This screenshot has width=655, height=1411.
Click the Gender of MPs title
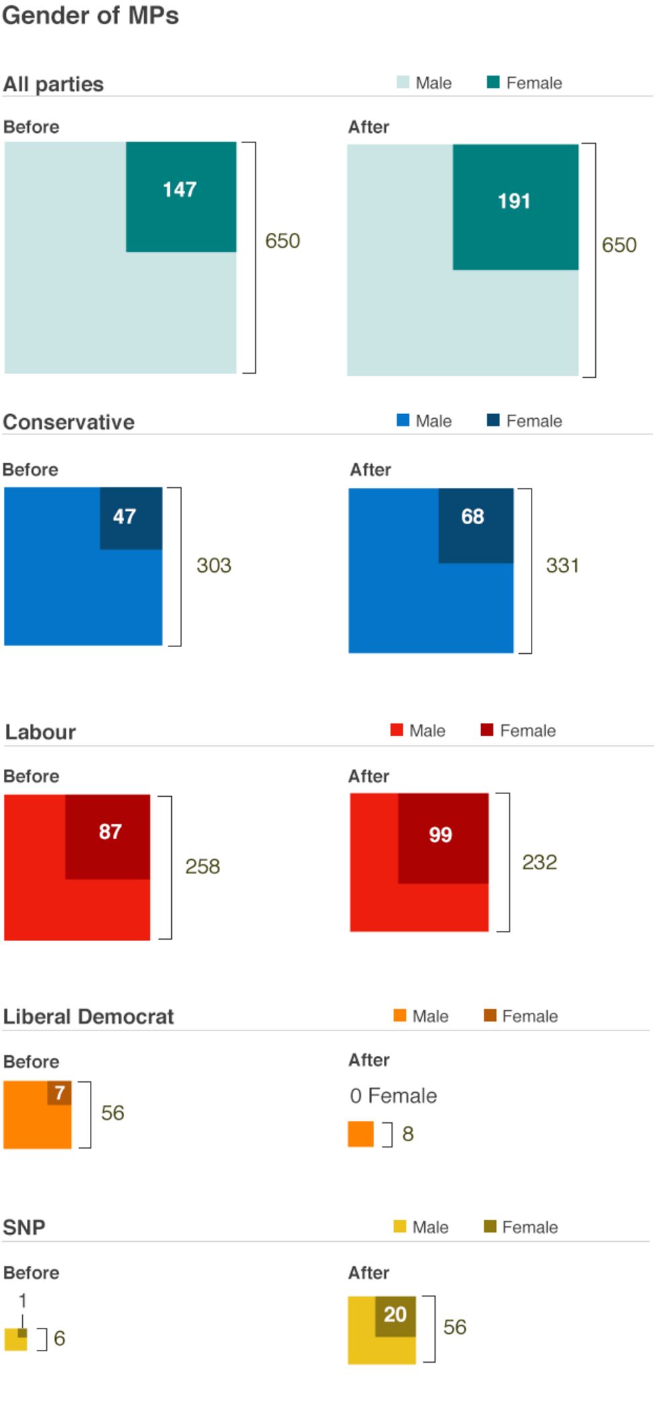[x=90, y=15]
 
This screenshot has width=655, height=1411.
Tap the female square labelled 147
[x=181, y=196]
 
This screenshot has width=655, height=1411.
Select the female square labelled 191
[x=515, y=206]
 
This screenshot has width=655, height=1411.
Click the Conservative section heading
[x=68, y=422]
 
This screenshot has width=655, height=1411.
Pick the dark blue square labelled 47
[x=131, y=518]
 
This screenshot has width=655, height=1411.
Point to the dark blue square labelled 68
[x=475, y=525]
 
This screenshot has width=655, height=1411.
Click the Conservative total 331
[x=562, y=565]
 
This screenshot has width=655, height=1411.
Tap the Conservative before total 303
[x=213, y=565]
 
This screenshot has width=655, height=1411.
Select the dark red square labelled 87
[x=107, y=836]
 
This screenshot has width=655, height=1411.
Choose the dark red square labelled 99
[x=442, y=838]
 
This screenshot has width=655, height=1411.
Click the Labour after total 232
[x=539, y=862]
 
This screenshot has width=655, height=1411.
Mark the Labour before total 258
[x=202, y=866]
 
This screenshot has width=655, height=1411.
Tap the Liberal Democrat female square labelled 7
[x=59, y=1093]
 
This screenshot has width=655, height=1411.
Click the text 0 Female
[x=393, y=1096]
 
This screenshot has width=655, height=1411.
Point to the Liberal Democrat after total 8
[x=407, y=1134]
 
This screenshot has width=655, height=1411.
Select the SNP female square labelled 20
[x=395, y=1315]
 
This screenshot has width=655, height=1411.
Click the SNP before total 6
[x=59, y=1339]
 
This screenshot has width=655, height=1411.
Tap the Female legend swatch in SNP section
[x=490, y=1226]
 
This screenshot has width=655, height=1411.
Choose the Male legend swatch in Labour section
[x=396, y=730]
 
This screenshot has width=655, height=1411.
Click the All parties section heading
[x=53, y=84]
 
